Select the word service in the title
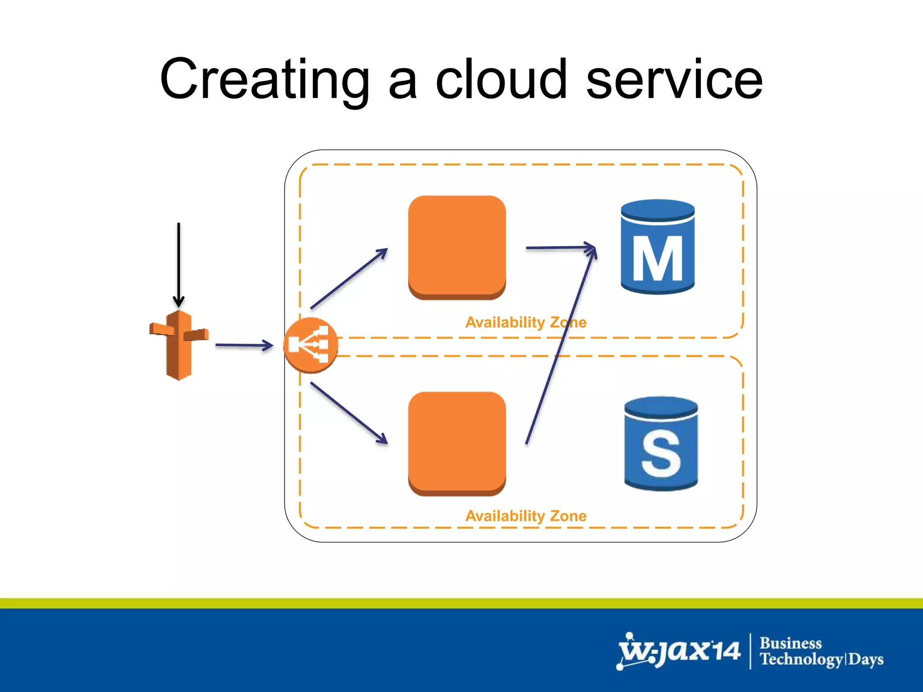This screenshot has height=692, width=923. [x=674, y=80]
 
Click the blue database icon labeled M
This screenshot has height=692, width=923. [x=658, y=247]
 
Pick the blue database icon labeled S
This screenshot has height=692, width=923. [x=661, y=444]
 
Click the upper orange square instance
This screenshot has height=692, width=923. [x=457, y=247]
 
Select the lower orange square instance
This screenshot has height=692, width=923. [x=457, y=444]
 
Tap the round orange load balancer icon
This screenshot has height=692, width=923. [x=311, y=345]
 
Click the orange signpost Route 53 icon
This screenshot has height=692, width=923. [x=179, y=345]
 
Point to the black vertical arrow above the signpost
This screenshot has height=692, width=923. [x=179, y=261]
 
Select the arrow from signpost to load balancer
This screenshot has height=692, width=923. [x=243, y=346]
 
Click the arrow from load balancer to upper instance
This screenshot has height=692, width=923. [x=348, y=279]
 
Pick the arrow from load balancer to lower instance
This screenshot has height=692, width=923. [x=348, y=412]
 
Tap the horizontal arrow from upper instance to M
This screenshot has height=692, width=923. [x=559, y=247]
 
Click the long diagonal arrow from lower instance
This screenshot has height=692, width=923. [x=561, y=347]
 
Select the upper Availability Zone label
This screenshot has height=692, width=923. [x=525, y=322]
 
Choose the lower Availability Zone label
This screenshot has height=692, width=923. [x=525, y=516]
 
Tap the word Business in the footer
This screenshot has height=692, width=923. [x=790, y=643]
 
